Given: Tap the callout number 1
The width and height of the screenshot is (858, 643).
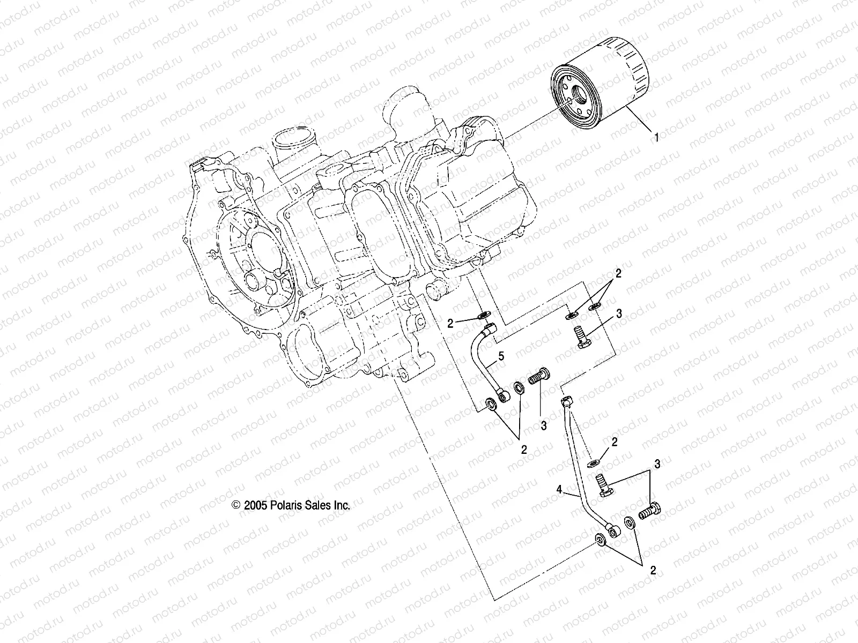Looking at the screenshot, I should [655, 137].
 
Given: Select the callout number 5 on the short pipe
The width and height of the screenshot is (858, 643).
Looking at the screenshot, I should [501, 355].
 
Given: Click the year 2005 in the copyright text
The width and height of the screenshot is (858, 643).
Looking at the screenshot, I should [254, 505].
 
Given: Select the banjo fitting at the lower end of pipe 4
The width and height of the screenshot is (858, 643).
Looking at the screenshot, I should [613, 530].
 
